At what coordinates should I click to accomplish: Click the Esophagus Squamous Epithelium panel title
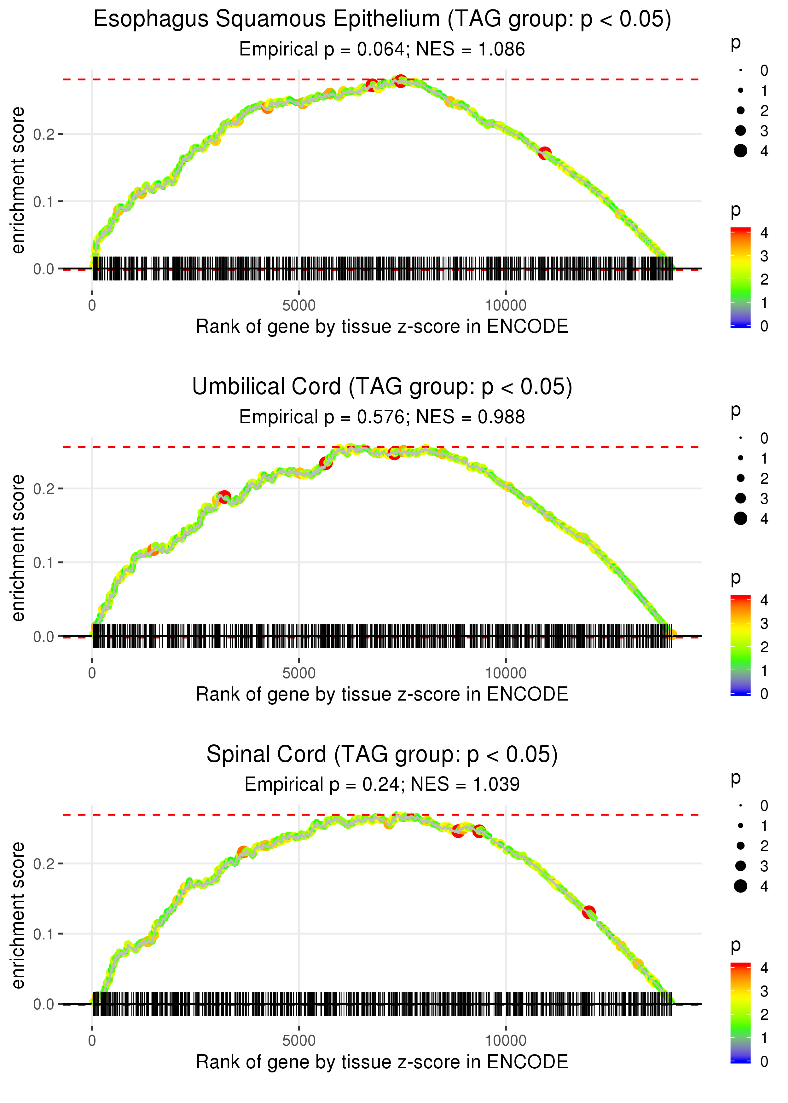(382, 20)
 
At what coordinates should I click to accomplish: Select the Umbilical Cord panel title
(382, 387)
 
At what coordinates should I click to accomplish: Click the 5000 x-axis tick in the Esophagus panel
(298, 306)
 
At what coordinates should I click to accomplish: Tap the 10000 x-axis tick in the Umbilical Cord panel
(506, 673)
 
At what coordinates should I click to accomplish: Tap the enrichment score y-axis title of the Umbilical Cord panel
(18, 548)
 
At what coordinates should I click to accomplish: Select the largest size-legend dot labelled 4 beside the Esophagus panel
(740, 151)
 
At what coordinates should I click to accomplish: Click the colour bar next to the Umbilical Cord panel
(740, 645)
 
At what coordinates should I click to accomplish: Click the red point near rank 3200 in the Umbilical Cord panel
(224, 497)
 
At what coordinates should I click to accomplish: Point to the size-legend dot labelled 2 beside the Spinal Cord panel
(740, 846)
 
